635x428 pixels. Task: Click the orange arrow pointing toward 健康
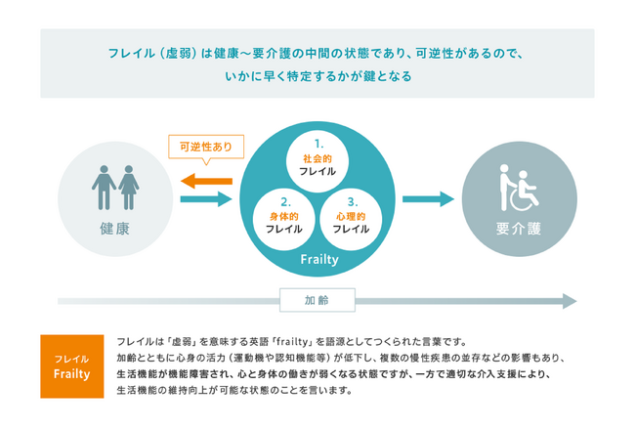(x=206, y=181)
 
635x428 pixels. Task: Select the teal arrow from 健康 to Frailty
(x=206, y=198)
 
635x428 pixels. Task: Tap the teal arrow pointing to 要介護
(x=428, y=198)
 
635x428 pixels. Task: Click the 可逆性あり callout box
(x=206, y=147)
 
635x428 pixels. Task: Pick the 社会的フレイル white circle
(x=317, y=161)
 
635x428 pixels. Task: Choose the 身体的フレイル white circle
(x=284, y=220)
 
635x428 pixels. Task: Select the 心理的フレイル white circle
(x=351, y=220)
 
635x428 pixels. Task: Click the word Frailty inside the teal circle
(x=319, y=259)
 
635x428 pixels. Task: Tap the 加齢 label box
(x=317, y=300)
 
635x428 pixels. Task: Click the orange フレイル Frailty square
(x=72, y=366)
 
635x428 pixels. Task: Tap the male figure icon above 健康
(x=105, y=187)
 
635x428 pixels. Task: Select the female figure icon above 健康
(x=129, y=187)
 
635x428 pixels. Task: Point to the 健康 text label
(x=115, y=229)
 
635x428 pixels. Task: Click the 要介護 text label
(x=519, y=229)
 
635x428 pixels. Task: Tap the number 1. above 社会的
(x=319, y=144)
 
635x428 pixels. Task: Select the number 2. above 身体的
(x=286, y=201)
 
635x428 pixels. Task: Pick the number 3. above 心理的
(x=353, y=201)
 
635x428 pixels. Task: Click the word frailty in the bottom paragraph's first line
(x=294, y=342)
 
